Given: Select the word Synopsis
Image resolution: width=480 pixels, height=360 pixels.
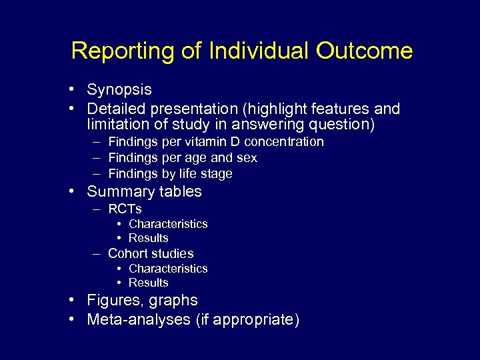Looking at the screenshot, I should [x=119, y=90].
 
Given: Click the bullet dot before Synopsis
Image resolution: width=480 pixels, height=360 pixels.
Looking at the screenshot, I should [x=79, y=90].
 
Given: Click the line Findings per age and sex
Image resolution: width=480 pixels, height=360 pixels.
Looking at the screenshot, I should [x=182, y=158].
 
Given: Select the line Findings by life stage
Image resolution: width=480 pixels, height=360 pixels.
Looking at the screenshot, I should [x=170, y=174].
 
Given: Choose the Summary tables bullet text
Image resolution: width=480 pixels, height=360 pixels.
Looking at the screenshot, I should [x=144, y=192].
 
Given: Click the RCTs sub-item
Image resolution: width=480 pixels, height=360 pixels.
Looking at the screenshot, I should [x=125, y=209].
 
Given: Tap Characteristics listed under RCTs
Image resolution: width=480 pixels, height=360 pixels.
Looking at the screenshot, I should [x=168, y=224].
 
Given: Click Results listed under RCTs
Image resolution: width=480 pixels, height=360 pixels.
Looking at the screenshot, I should [x=148, y=238].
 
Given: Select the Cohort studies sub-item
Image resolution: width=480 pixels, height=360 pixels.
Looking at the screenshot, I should [x=151, y=253].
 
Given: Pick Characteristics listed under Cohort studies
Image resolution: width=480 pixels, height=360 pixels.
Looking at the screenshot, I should [x=168, y=269].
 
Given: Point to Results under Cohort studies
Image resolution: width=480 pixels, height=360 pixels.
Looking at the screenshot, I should [x=148, y=283].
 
